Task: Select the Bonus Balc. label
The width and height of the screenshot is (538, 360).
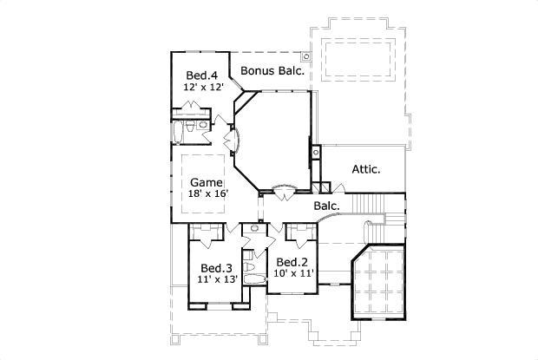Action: [272, 70]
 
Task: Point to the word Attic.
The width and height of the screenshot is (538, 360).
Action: [365, 169]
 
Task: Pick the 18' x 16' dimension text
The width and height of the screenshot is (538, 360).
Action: [207, 195]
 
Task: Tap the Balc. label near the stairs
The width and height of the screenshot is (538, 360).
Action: [326, 206]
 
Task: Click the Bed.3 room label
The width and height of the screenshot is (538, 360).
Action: [215, 268]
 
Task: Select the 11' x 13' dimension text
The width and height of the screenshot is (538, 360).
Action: [215, 280]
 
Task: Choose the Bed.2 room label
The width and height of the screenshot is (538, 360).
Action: [291, 261]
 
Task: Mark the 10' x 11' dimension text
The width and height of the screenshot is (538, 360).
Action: [293, 273]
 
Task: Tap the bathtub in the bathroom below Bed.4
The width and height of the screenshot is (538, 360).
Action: [180, 131]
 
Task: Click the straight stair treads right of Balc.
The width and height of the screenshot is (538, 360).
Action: [372, 204]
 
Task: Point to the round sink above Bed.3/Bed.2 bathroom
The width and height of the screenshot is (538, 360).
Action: [253, 228]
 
